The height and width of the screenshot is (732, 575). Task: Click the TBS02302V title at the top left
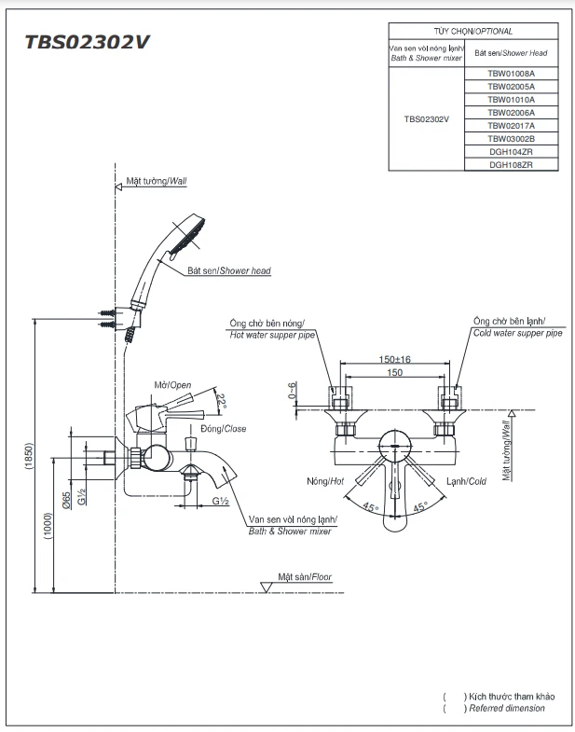coord(88,42)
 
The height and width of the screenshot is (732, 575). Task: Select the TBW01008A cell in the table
coord(511,72)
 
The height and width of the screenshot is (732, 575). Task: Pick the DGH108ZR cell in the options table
coord(511,164)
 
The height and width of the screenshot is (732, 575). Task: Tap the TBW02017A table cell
coord(511,125)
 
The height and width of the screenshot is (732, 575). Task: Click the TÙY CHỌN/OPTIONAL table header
coord(473,31)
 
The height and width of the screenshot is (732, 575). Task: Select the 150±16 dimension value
coord(395,359)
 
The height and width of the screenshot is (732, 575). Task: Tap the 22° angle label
coord(221,400)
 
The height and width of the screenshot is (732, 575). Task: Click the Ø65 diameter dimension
coord(67,499)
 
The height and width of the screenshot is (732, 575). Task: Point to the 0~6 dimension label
coord(292,391)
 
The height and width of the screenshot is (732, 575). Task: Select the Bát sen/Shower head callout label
coord(228,270)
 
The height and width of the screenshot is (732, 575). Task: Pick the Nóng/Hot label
coord(325,481)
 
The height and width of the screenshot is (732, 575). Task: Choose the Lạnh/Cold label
coord(466,481)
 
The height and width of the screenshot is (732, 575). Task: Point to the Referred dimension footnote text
coord(507,709)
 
